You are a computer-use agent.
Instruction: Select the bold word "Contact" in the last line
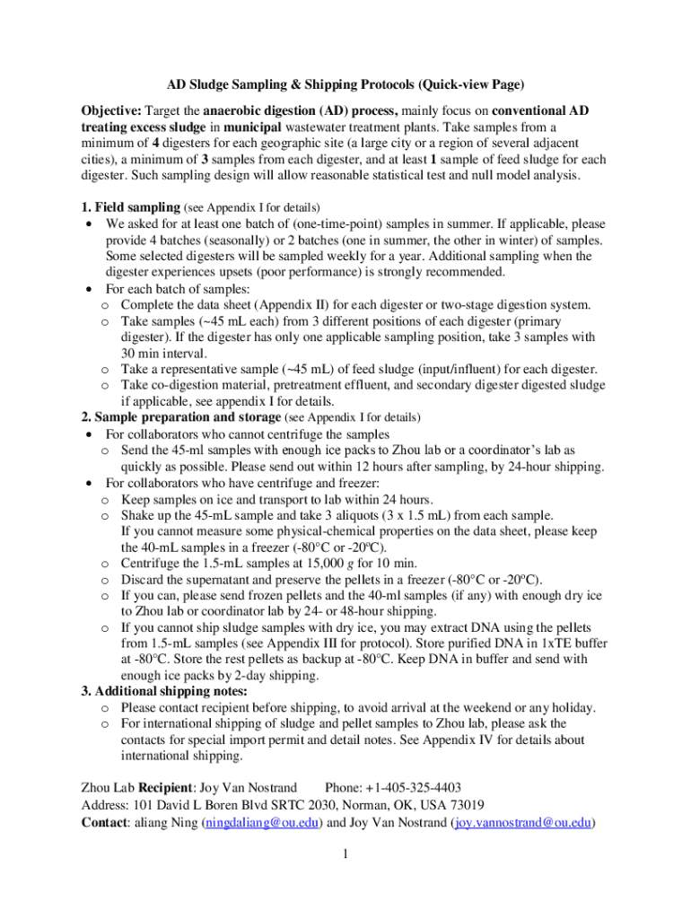[x=103, y=821]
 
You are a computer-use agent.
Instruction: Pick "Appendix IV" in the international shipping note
[x=442, y=740]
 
